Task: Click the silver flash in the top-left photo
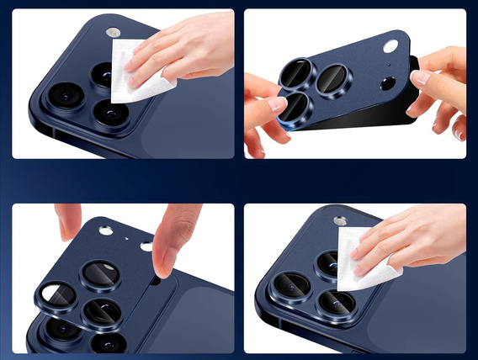(x=112, y=33)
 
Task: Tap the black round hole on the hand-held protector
(x=388, y=84)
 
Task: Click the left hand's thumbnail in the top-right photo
(x=276, y=105)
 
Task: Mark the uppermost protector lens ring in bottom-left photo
(x=97, y=273)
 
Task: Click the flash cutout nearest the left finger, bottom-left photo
(x=105, y=230)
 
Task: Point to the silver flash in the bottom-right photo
(x=339, y=221)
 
